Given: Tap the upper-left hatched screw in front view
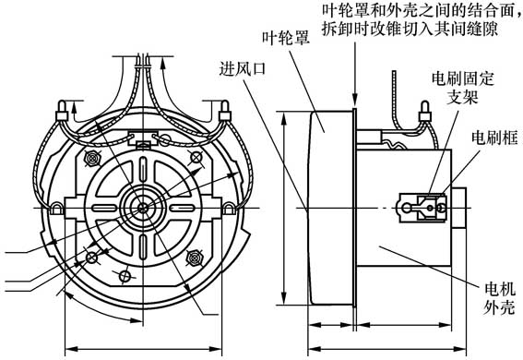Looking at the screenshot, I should click(x=91, y=159).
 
